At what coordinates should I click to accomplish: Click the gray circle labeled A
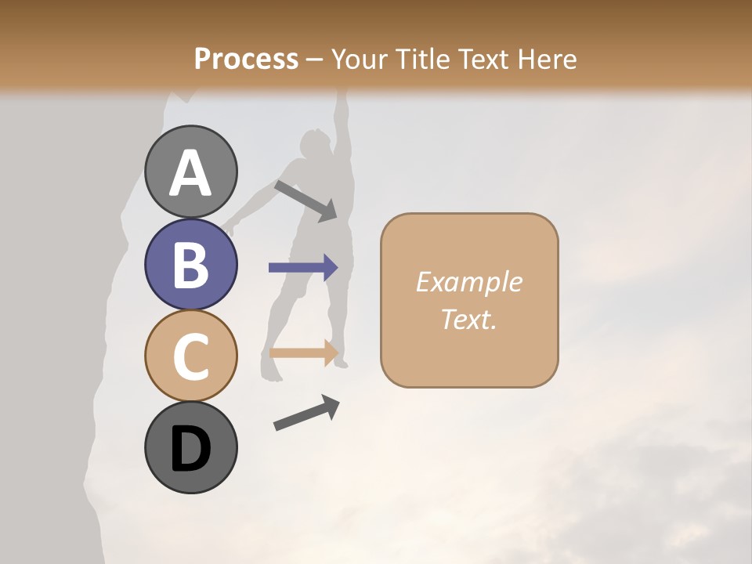[191, 172]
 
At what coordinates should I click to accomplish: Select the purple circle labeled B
[191, 264]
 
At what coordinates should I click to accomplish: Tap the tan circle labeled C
[191, 356]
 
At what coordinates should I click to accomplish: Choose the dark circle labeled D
[191, 448]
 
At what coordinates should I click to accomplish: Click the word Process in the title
[246, 59]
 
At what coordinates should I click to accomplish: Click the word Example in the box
[468, 282]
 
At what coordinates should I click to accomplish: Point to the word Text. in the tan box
[468, 319]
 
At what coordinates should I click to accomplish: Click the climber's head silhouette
[316, 144]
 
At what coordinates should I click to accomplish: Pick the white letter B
[191, 264]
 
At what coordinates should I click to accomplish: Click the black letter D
[191, 449]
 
